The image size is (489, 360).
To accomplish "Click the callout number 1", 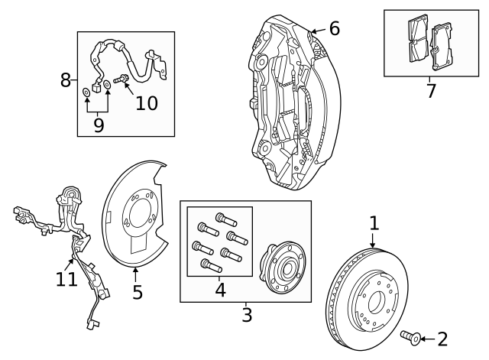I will (374, 223).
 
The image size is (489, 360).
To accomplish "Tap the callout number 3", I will (246, 313).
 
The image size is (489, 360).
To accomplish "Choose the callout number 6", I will (334, 29).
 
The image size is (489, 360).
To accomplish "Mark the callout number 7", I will (430, 91).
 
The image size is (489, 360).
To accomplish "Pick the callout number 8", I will (66, 79).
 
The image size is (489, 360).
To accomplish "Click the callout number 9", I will (98, 125).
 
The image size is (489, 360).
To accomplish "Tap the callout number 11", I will (66, 279).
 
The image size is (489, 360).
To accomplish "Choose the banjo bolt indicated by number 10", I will (121, 79).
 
